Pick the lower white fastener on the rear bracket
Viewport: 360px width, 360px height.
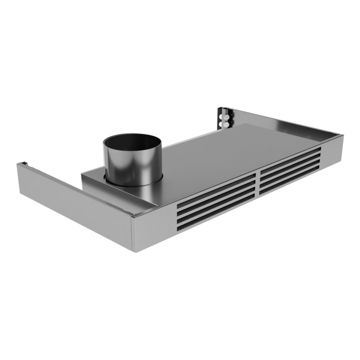[223, 122]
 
